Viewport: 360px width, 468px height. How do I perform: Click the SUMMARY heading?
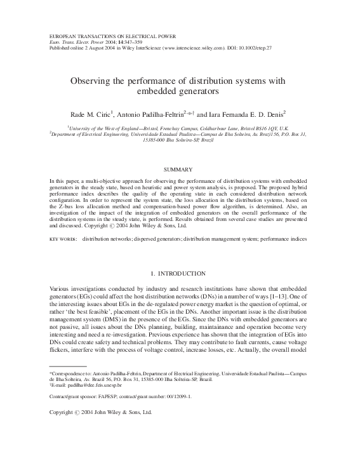(x=180, y=170)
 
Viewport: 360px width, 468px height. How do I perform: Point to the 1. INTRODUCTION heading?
(x=180, y=273)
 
